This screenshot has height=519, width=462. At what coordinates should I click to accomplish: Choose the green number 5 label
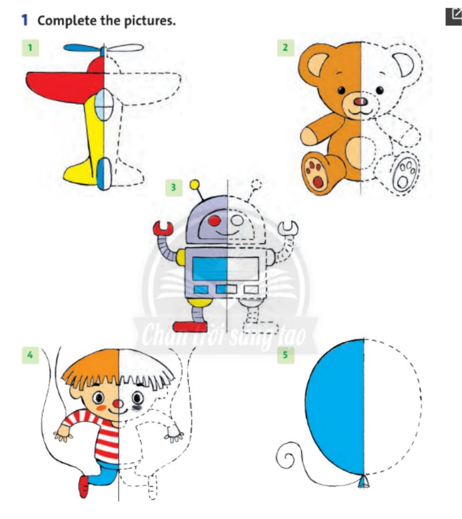click(285, 356)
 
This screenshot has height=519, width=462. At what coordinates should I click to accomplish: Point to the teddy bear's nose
click(359, 102)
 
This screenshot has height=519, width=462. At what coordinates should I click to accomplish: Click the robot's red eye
click(214, 220)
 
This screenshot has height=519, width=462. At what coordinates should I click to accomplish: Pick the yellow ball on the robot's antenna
click(195, 185)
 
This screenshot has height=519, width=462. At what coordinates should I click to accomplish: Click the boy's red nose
click(118, 403)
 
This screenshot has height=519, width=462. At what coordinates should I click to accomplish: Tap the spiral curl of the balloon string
click(286, 459)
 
